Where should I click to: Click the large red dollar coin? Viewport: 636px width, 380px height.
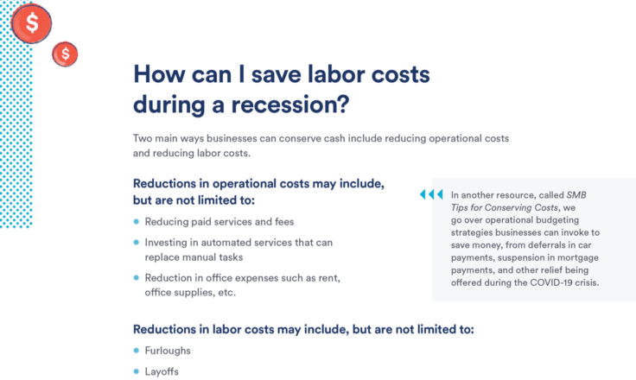click(x=32, y=23)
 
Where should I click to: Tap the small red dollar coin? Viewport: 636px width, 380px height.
click(x=65, y=54)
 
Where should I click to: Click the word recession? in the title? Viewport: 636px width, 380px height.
click(x=290, y=104)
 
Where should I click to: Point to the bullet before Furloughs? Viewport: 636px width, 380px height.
click(x=137, y=351)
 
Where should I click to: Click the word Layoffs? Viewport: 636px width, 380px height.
click(x=162, y=371)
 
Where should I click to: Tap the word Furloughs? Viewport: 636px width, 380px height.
click(x=168, y=351)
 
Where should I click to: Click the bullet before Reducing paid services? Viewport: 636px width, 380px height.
click(x=137, y=221)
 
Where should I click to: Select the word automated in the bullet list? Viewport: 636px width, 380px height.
click(x=226, y=243)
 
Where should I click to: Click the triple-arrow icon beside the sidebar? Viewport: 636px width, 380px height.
click(x=431, y=194)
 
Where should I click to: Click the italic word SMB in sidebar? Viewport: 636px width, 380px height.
click(x=576, y=195)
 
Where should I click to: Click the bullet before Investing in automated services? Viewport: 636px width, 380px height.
click(x=137, y=242)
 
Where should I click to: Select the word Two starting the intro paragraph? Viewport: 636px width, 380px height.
click(x=142, y=138)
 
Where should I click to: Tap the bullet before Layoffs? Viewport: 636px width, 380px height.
click(x=137, y=371)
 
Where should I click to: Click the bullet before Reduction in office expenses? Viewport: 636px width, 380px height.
click(x=137, y=278)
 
